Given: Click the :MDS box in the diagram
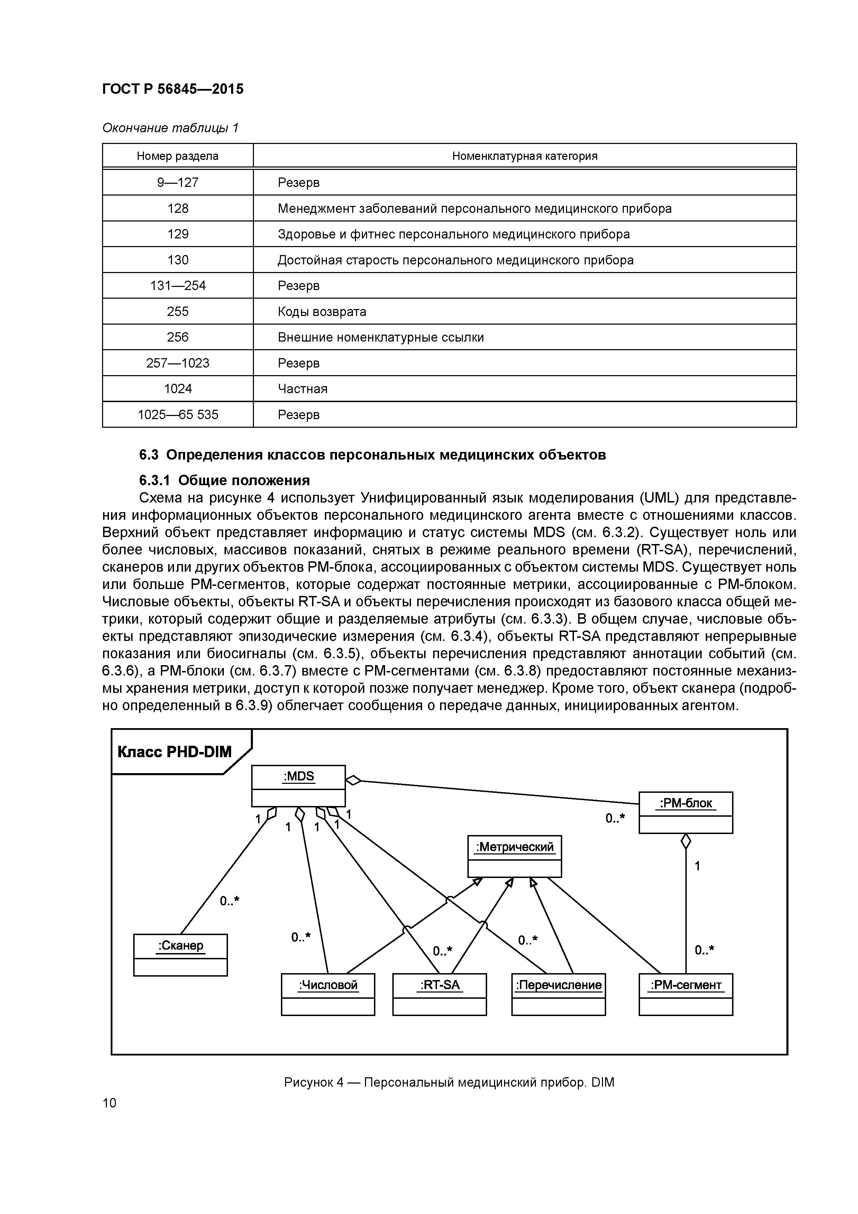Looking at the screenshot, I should [x=298, y=785].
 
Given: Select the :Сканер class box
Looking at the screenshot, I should [x=180, y=954].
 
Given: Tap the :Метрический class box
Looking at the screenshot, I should [x=514, y=856].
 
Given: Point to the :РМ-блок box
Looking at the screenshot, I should [x=686, y=812].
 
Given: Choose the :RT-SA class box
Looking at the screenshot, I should [x=439, y=994].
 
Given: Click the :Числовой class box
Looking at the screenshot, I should [x=328, y=994].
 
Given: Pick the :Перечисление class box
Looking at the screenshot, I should [x=558, y=994].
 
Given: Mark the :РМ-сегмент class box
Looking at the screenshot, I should [x=686, y=994].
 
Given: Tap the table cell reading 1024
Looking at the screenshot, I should [x=177, y=389].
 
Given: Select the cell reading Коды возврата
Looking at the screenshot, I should [x=322, y=311].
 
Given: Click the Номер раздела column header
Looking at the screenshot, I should [x=177, y=156].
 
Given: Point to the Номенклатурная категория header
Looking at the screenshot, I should [x=524, y=156].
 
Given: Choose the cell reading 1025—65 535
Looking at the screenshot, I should [x=177, y=415].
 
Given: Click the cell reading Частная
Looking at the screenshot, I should [x=302, y=389].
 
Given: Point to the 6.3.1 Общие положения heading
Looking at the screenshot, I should [x=224, y=480].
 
